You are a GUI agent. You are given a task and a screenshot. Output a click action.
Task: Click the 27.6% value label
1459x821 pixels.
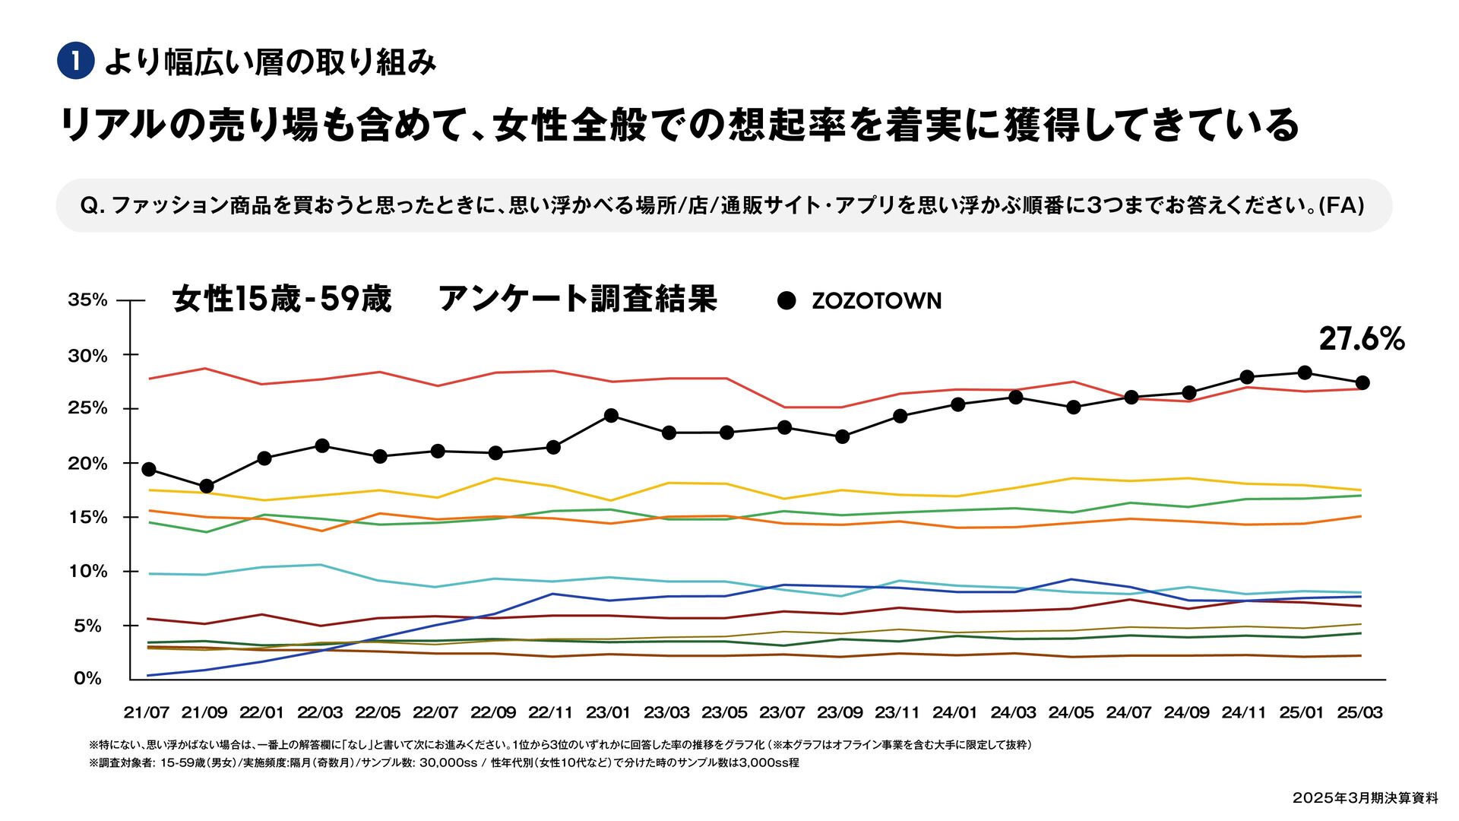1361,339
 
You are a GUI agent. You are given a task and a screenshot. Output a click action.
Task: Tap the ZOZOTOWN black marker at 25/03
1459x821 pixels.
1362,382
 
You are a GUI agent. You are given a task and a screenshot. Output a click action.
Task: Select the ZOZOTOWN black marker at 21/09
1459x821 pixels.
207,486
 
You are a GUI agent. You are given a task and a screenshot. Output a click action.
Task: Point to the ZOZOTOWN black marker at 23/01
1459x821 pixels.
611,415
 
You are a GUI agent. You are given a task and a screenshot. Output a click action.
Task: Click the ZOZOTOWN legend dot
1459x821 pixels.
786,300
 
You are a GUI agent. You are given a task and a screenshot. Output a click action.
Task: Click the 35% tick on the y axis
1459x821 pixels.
88,300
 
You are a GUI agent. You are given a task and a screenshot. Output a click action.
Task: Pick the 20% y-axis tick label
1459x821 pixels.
88,463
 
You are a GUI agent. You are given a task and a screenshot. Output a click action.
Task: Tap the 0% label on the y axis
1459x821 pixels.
88,678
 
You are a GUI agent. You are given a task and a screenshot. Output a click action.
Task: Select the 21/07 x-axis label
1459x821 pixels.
147,713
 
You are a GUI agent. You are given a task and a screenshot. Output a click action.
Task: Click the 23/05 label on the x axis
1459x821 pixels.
724,713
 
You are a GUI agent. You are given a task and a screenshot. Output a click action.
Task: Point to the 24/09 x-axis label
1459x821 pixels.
1186,713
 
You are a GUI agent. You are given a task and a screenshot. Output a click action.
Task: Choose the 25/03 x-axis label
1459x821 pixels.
1359,713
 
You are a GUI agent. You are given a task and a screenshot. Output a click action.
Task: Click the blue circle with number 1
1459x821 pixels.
76,62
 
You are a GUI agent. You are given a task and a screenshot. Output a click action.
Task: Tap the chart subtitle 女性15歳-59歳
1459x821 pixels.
282,299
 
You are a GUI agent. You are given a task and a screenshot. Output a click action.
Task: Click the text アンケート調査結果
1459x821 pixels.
578,299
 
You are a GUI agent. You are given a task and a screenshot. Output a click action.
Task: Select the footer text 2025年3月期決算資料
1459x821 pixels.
1365,798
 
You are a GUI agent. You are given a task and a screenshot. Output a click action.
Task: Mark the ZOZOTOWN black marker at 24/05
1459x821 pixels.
1074,407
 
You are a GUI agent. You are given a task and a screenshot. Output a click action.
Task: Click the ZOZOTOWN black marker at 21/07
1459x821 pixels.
149,469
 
